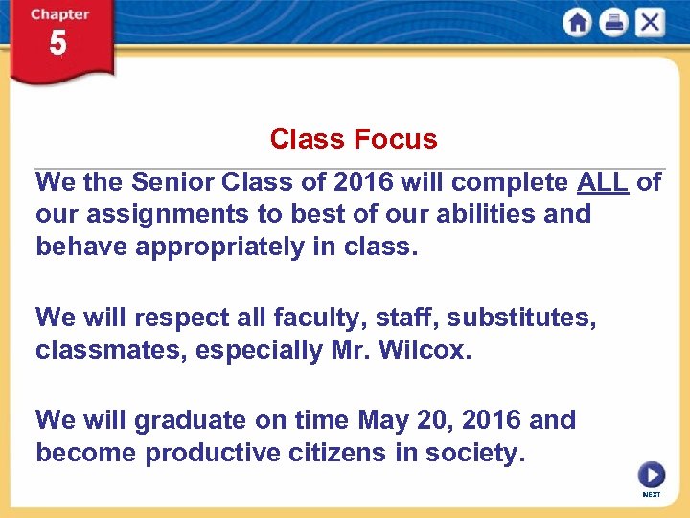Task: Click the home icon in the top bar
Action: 577,22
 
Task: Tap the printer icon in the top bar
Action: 613,22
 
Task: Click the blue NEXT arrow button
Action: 652,475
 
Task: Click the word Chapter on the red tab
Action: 59,14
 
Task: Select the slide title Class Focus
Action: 353,139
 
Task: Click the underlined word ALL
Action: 603,182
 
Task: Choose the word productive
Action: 216,453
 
